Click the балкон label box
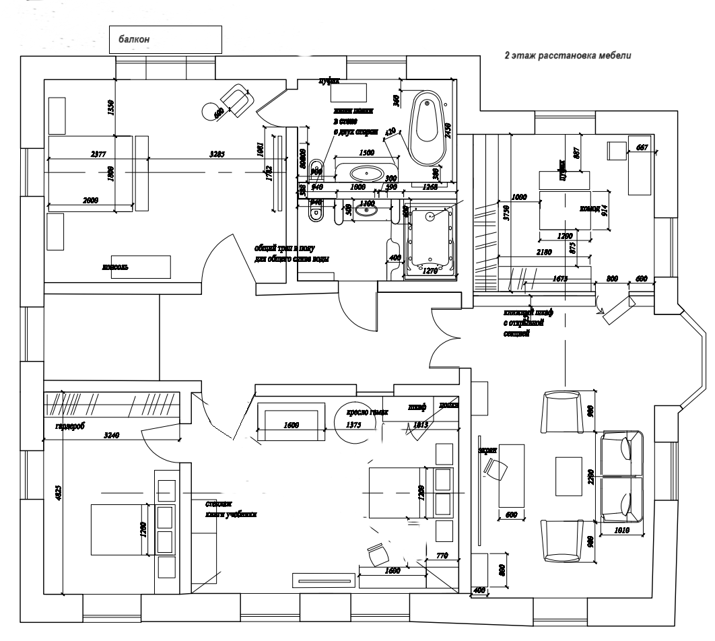166,40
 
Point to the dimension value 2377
98,155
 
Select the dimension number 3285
217,155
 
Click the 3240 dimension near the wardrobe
112,435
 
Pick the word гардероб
70,426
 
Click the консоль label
115,267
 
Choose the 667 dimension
642,147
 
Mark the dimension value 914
604,210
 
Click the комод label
589,209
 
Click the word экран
487,449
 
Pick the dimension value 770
442,555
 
